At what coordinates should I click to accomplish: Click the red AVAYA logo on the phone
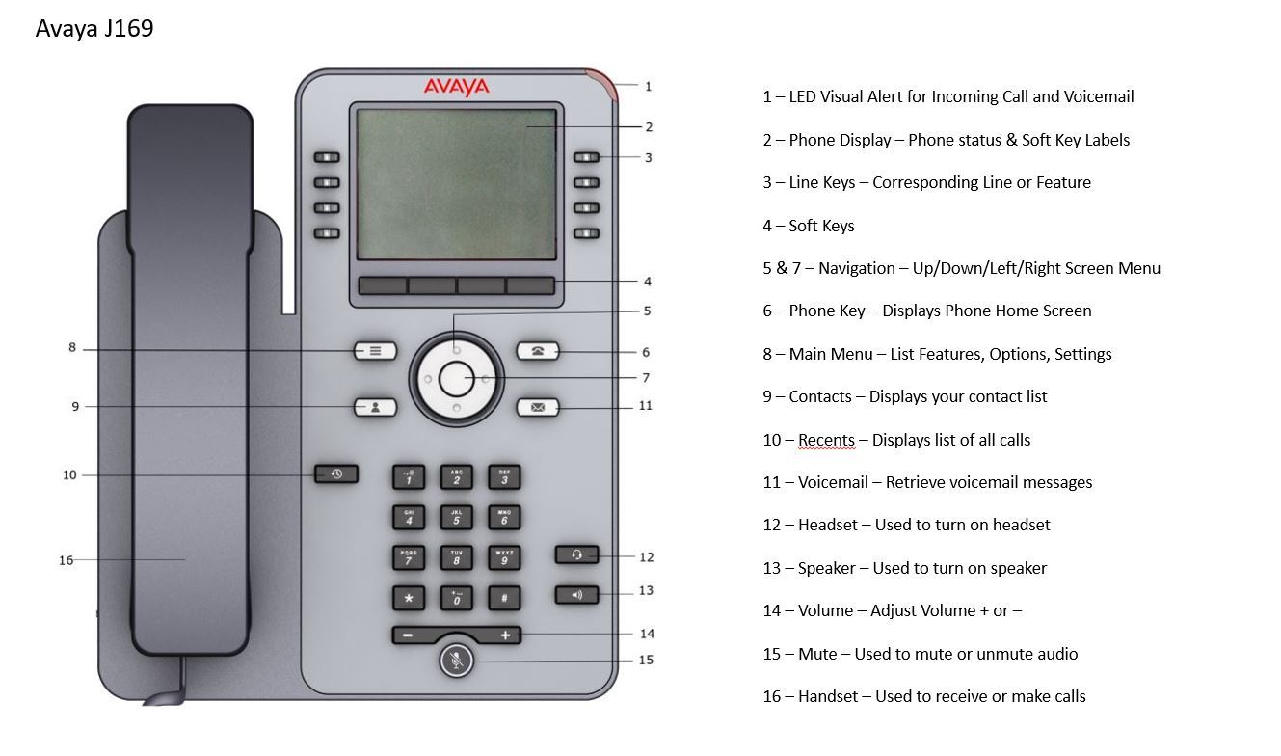[457, 88]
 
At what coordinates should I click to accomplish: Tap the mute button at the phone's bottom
[457, 661]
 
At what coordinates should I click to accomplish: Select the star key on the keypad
[409, 598]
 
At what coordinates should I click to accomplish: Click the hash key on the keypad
[504, 598]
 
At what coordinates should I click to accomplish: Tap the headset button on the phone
[576, 554]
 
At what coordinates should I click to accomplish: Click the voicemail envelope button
[537, 407]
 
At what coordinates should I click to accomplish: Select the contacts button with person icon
[376, 407]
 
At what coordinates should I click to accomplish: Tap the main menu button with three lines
[376, 351]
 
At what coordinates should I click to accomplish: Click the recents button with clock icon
[336, 473]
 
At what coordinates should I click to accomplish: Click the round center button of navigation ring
[457, 379]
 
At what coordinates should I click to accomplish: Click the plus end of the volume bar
[504, 635]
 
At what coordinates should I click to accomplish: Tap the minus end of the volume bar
[409, 635]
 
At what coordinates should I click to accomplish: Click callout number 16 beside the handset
[66, 560]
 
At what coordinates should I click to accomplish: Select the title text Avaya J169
[94, 29]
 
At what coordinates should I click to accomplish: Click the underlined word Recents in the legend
[826, 440]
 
